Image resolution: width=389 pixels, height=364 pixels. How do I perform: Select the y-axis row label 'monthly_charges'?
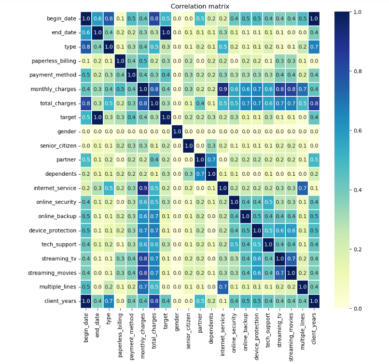[53, 89]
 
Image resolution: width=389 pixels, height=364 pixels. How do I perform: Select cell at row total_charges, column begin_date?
[86, 103]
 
